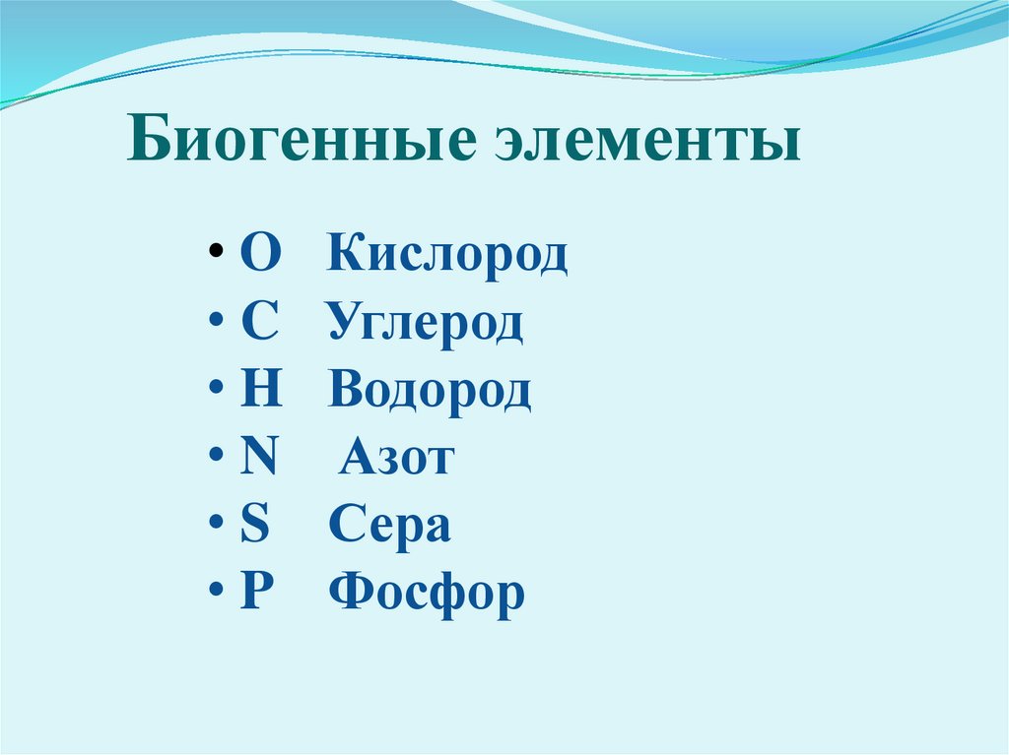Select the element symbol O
260,255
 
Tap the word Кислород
448,255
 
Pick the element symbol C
259,323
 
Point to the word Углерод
426,323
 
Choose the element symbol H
261,390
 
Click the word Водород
431,391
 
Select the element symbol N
259,458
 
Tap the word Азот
396,458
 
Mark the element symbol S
255,525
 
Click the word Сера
390,525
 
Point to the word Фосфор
427,593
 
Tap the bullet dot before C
215,326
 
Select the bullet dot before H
215,393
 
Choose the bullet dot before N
215,461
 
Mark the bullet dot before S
215,528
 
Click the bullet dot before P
215,595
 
